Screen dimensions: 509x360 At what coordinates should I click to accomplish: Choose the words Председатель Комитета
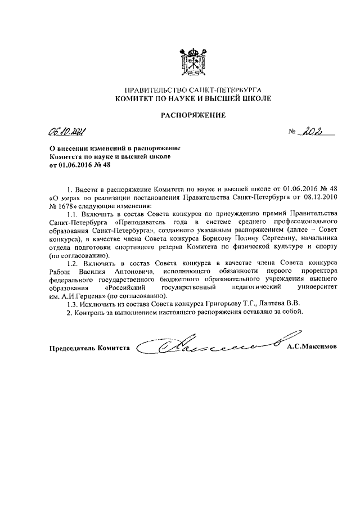coord(89,348)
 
